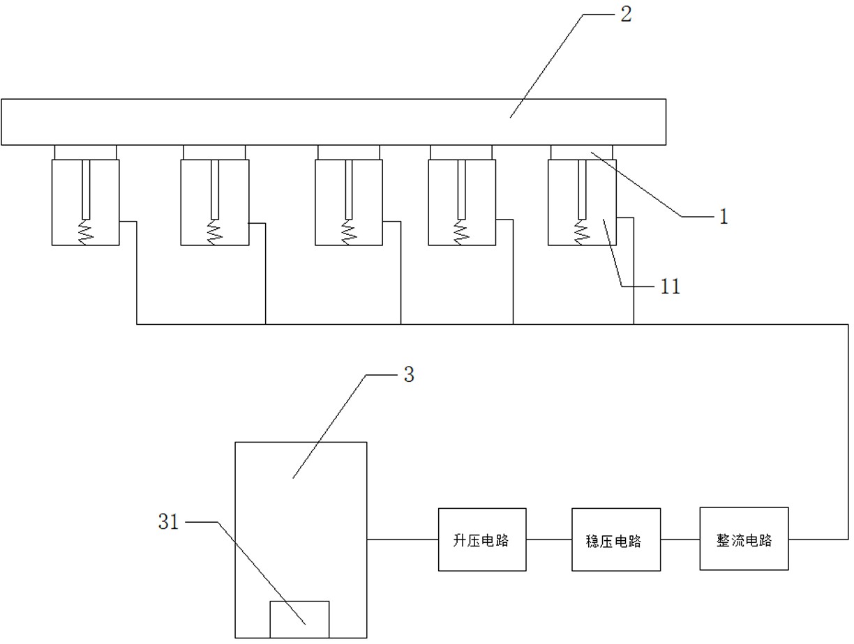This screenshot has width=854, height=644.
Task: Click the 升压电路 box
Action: (482, 539)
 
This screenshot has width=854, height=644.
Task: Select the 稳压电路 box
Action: (615, 539)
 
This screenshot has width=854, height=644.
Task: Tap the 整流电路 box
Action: (744, 539)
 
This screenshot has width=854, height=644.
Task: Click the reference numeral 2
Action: (625, 15)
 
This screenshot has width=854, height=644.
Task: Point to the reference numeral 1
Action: (724, 217)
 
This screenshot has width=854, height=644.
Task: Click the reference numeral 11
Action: (670, 286)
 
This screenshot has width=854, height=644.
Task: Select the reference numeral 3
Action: (409, 374)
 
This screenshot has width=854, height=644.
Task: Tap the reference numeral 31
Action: (168, 521)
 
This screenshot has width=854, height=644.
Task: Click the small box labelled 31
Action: (299, 619)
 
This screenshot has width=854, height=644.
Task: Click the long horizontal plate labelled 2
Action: (333, 122)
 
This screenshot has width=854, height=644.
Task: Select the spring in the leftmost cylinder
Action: (86, 232)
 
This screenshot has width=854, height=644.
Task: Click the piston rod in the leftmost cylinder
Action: (86, 188)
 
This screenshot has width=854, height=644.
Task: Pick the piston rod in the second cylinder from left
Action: (214, 188)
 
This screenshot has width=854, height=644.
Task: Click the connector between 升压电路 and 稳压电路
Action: (548, 539)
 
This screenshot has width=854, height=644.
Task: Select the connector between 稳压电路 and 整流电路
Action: (680, 539)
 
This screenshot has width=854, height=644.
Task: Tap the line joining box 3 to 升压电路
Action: (402, 539)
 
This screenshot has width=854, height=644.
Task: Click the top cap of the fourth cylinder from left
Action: (460, 152)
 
